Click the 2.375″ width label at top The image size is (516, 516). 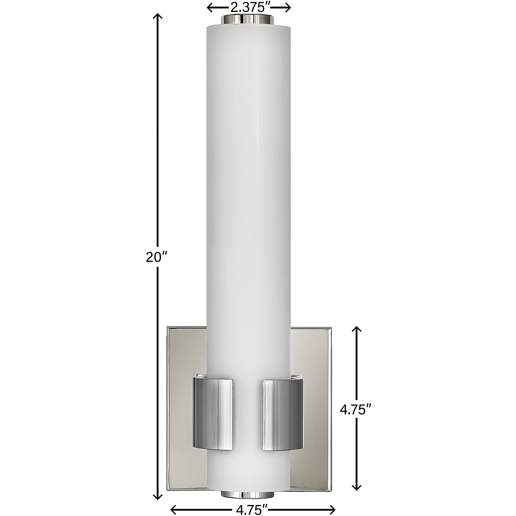tap(249, 8)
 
